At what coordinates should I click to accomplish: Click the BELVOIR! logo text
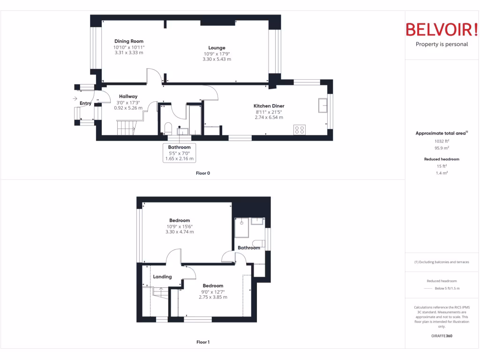[442, 30]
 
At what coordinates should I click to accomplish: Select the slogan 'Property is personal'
[442, 45]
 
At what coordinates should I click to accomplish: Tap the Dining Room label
[129, 41]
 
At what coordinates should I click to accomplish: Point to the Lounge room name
[217, 48]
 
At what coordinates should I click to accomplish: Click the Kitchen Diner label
[269, 106]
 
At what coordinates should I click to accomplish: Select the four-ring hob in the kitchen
[300, 129]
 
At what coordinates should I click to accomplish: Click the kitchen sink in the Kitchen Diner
[322, 105]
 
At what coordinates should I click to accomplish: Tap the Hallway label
[128, 97]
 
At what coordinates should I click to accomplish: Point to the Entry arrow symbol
[75, 98]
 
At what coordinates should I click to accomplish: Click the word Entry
[86, 104]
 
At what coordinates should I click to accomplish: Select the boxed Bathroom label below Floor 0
[180, 147]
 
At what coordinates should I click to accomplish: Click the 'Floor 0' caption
[203, 173]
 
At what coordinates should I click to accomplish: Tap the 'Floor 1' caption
[203, 342]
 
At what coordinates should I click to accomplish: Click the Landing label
[162, 277]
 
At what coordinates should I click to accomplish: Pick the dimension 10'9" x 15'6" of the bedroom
[180, 226]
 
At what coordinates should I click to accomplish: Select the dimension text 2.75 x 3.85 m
[213, 297]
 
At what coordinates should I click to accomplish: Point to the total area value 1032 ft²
[441, 141]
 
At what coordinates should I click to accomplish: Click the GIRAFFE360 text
[442, 336]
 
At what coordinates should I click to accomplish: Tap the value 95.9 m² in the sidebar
[441, 148]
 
